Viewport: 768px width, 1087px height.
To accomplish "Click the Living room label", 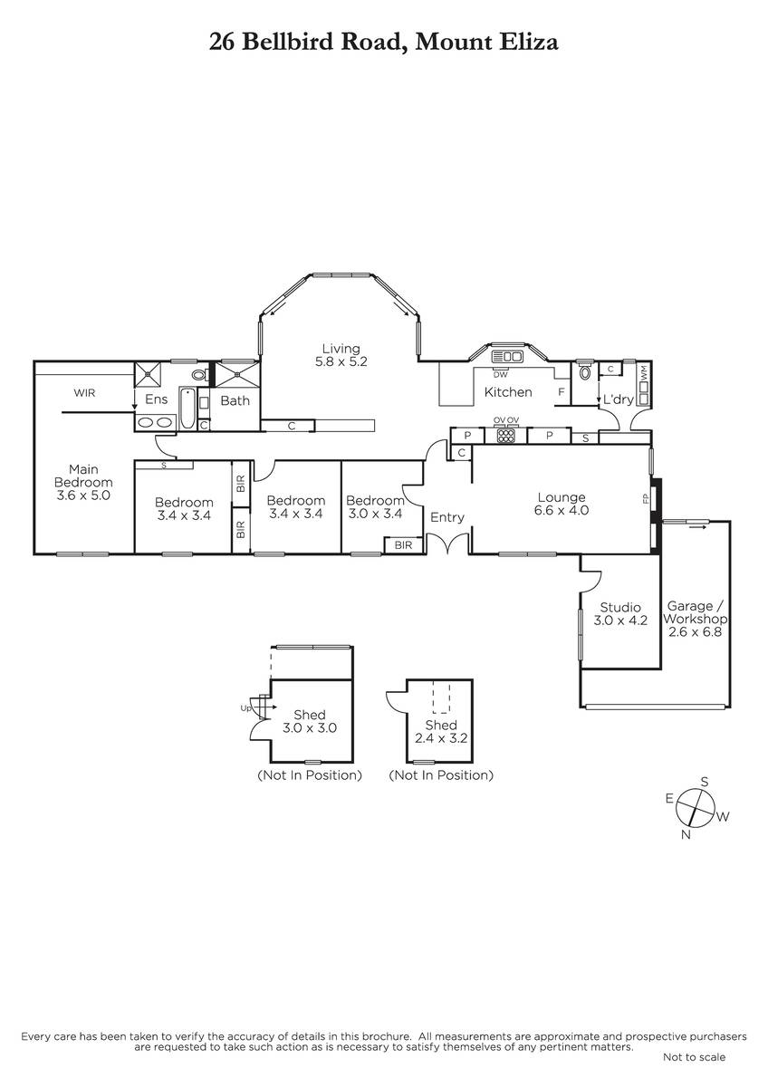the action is click(341, 349).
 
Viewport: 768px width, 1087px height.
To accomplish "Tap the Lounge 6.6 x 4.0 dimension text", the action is click(562, 511).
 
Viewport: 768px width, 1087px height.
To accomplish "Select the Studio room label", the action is click(620, 607).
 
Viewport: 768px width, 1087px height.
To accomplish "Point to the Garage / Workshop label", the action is click(696, 612).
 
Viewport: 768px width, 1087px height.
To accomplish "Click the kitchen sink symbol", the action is click(507, 357).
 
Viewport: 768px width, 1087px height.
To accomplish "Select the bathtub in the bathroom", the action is click(187, 408).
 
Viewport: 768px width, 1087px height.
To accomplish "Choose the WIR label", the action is click(84, 392).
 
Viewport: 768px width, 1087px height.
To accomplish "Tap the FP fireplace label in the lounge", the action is click(645, 498).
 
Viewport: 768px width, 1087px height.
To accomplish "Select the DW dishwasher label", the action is click(500, 375).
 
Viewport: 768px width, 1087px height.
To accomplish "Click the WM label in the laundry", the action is click(644, 372).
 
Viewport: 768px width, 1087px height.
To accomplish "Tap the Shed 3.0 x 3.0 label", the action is click(310, 721).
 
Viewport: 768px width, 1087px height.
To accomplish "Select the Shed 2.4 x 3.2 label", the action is click(441, 732).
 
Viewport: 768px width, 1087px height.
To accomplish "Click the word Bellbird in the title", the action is click(288, 42).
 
